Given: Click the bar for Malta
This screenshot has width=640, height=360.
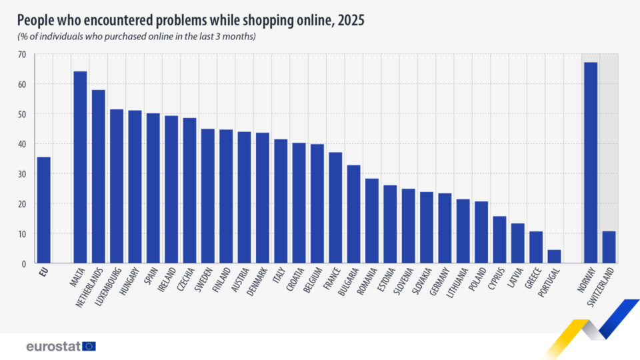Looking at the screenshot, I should [x=80, y=167].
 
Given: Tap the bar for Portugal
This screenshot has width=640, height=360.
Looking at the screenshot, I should [x=554, y=257].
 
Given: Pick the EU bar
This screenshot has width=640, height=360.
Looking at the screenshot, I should [x=44, y=210].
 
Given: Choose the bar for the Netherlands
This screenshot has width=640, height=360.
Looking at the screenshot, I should [x=98, y=177].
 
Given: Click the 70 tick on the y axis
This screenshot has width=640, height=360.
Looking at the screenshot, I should [x=22, y=54].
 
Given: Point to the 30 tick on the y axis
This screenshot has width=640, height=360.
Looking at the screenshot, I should [x=22, y=174].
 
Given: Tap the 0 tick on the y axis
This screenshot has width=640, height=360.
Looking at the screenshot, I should [x=24, y=264].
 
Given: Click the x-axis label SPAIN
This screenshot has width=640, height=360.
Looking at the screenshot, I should [x=148, y=280].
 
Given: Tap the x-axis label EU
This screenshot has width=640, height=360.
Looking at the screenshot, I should [x=43, y=273].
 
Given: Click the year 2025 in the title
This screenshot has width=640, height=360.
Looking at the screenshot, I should [x=350, y=21].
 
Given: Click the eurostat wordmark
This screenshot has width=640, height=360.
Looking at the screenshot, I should [x=53, y=346].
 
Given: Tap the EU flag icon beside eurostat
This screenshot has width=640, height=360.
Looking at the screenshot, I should [x=89, y=346].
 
